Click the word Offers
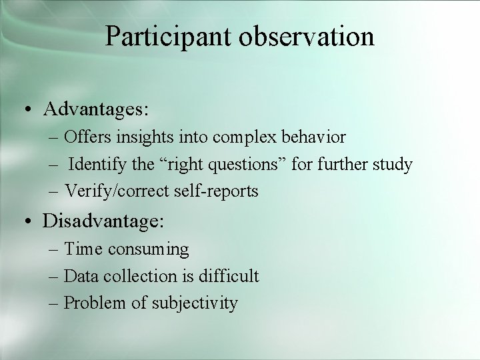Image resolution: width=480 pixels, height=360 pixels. tap(89, 138)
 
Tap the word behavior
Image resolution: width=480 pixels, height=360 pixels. tap(310, 138)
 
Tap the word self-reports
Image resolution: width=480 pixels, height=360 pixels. tap(217, 191)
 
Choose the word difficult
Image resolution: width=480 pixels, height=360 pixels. tap(227, 276)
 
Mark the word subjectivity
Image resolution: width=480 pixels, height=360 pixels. tap(194, 303)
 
